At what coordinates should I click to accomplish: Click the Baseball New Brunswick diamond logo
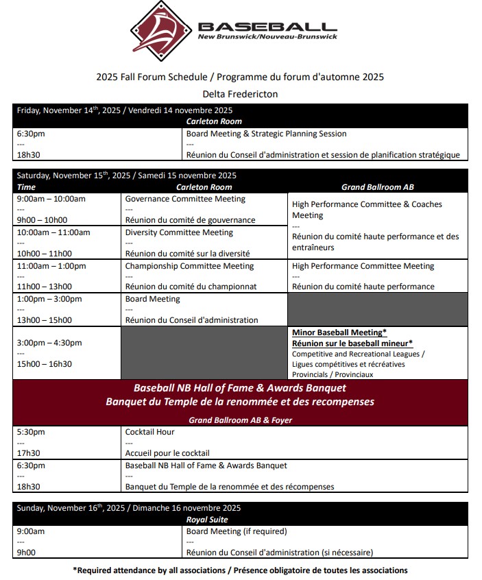162,29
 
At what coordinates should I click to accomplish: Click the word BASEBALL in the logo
267,26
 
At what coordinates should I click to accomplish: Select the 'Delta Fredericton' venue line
240,94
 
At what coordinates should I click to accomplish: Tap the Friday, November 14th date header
125,110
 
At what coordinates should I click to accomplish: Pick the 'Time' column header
27,187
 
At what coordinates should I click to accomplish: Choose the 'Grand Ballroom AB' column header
377,187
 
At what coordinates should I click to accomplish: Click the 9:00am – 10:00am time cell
51,199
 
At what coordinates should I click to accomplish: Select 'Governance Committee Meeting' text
185,199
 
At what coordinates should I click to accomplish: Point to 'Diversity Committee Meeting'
179,232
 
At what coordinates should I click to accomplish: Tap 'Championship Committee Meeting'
189,266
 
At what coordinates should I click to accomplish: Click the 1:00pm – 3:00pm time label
49,299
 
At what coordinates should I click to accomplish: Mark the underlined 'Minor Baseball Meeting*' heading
339,333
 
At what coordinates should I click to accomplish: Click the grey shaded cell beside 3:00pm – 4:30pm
204,352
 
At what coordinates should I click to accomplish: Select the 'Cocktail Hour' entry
149,432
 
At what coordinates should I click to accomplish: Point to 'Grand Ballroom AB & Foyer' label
239,420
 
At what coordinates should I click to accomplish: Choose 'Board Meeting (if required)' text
237,531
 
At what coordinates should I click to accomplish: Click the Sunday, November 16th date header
129,509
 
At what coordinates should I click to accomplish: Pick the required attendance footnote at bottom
240,570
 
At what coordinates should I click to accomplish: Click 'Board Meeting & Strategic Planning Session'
266,134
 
